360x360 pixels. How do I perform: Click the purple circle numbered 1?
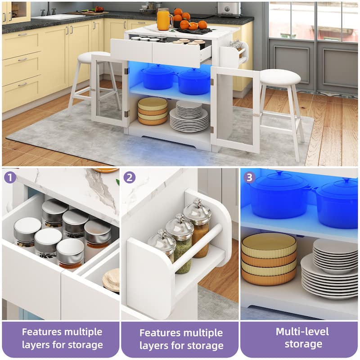pyautogui.click(x=9, y=177)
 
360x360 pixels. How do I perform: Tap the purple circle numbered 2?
pyautogui.click(x=130, y=177)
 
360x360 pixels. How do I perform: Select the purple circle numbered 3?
pyautogui.click(x=249, y=177)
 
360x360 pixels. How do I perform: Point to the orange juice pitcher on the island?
pyautogui.click(x=164, y=19)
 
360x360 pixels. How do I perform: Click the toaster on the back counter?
pyautogui.click(x=229, y=9)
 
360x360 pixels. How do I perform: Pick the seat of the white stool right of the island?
pyautogui.click(x=280, y=77)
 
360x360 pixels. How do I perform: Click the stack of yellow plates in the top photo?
pyautogui.click(x=152, y=111)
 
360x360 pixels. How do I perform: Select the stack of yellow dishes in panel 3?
pyautogui.click(x=269, y=258)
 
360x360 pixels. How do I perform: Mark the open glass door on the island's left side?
pyautogui.click(x=109, y=90)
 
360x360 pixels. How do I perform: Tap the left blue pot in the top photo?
pyautogui.click(x=158, y=77)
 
